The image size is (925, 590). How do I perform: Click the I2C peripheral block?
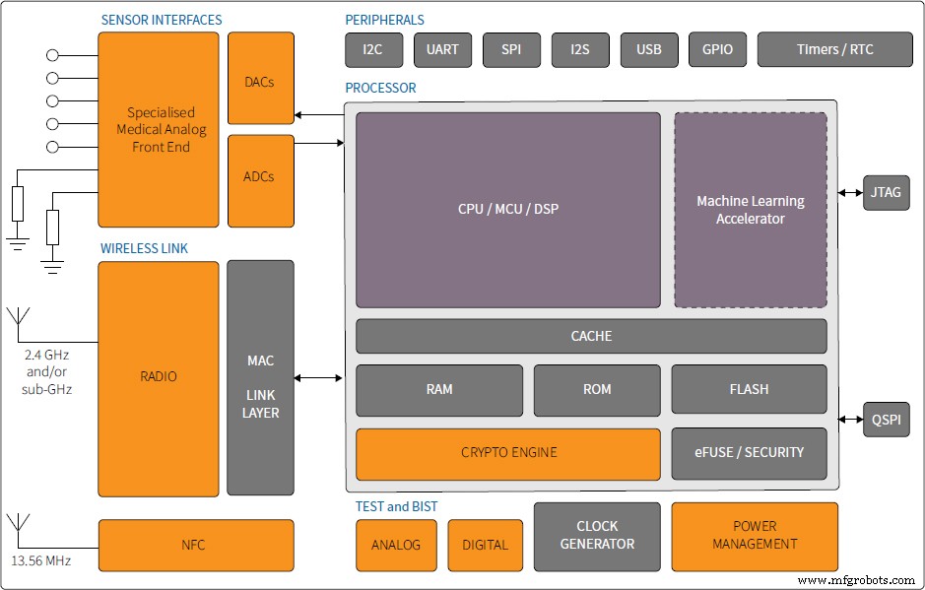click(x=372, y=49)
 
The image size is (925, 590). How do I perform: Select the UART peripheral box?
click(x=442, y=49)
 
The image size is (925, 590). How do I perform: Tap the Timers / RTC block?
click(x=834, y=49)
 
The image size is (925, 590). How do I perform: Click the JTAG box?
click(x=885, y=192)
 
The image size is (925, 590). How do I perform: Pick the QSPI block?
click(x=886, y=420)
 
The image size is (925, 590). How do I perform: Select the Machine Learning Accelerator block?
click(x=750, y=210)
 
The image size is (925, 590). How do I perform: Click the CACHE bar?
click(x=591, y=336)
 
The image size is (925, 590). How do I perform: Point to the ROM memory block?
click(x=597, y=389)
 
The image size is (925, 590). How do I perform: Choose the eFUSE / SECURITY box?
click(x=749, y=452)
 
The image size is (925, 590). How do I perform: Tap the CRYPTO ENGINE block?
click(x=508, y=452)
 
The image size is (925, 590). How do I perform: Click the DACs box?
click(x=260, y=82)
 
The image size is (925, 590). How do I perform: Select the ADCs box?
click(x=260, y=176)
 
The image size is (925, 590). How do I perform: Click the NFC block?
click(x=195, y=545)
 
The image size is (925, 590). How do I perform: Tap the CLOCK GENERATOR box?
click(x=597, y=535)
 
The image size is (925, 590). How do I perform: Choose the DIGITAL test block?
click(x=485, y=545)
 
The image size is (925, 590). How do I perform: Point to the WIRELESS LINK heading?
click(x=144, y=248)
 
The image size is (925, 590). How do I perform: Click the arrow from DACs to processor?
click(x=318, y=115)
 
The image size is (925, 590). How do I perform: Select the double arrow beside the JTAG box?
click(x=850, y=192)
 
